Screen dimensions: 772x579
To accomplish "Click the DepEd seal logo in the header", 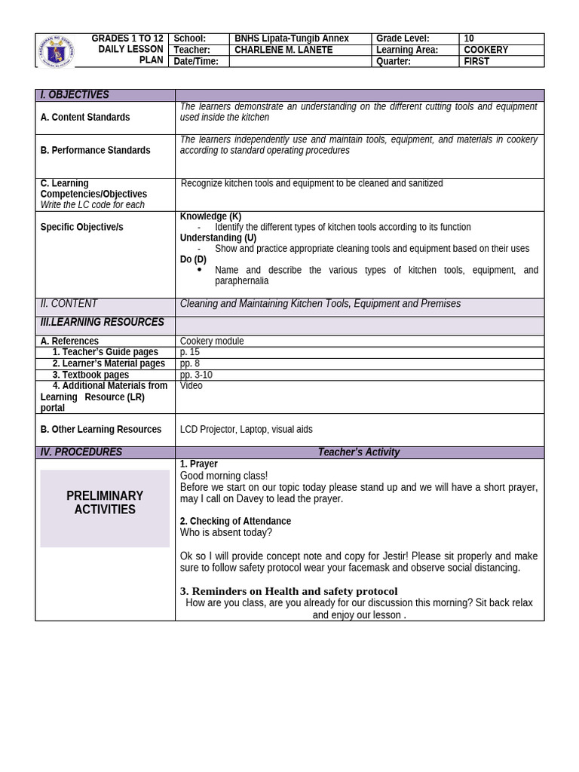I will point(57,51).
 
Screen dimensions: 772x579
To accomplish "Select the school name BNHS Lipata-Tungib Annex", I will point(291,38).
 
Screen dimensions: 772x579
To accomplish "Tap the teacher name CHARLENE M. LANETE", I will point(283,50).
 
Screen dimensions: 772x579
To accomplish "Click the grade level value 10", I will point(469,38).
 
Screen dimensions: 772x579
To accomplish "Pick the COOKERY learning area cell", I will point(486,50).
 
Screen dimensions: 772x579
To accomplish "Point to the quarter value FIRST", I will point(476,61).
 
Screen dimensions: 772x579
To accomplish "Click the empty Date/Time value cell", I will point(300,61).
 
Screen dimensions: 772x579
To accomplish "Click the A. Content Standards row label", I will point(85,118).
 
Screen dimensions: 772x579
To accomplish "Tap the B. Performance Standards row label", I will point(95,151).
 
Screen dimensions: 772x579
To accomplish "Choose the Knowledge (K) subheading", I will point(210,216).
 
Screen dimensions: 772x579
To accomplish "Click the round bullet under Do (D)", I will point(199,269).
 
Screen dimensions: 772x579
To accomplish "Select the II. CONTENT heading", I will point(69,304).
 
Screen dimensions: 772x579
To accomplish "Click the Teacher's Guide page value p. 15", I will point(190,352).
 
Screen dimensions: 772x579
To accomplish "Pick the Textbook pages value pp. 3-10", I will point(196,375).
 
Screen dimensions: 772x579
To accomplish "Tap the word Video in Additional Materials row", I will point(191,386).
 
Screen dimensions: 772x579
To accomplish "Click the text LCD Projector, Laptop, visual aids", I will point(246,430).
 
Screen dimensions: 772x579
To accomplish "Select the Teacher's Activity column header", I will point(359,452).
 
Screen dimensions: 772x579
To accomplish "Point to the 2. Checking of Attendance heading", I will point(235,521).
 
